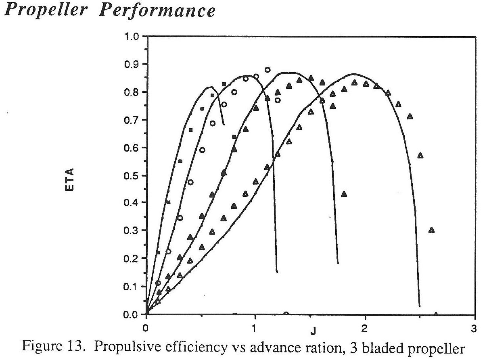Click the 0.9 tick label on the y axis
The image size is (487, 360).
[x=131, y=64]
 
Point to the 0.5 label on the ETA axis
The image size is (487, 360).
[x=131, y=176]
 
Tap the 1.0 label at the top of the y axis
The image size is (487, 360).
[x=131, y=36]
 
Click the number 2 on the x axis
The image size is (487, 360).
[x=364, y=329]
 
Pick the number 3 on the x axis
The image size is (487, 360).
[x=474, y=329]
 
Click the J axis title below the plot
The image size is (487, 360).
[x=313, y=331]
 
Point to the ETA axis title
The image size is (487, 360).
[x=70, y=179]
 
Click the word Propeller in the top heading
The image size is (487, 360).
[x=46, y=10]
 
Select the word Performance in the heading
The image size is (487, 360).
[x=157, y=10]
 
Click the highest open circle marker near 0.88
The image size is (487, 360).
[x=268, y=70]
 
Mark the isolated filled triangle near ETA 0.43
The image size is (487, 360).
[x=344, y=194]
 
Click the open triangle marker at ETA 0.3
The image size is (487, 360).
[x=432, y=230]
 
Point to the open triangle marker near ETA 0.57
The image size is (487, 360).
[x=420, y=156]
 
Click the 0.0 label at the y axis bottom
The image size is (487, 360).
[x=131, y=314]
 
